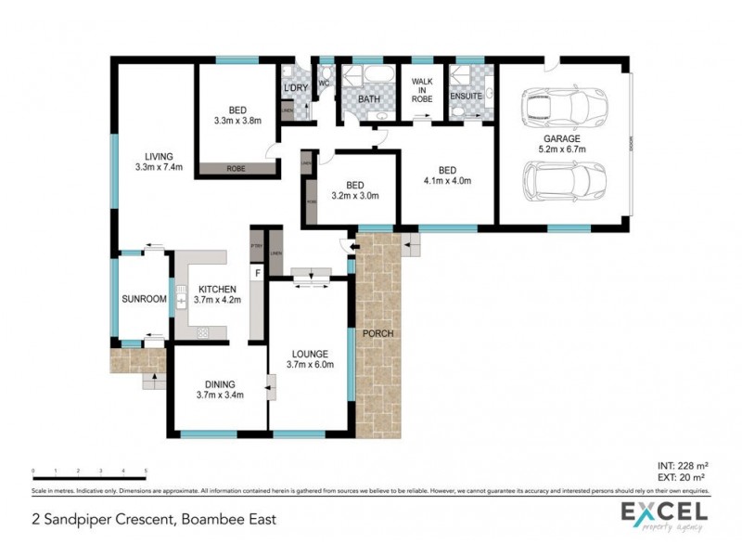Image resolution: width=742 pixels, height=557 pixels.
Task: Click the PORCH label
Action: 378,333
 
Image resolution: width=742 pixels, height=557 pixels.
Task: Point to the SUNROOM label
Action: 144,299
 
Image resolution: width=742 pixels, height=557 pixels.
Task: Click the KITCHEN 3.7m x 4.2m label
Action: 215,294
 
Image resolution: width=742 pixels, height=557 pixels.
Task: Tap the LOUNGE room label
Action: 310,354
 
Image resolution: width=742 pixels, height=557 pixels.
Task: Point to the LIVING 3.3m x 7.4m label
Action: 159,162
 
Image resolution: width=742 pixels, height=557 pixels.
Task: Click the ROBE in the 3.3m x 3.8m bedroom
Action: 238,169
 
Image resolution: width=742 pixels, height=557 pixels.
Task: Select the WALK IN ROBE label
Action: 422,89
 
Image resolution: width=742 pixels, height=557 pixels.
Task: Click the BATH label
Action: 369,97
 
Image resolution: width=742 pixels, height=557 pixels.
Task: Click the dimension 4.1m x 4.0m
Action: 448,181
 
